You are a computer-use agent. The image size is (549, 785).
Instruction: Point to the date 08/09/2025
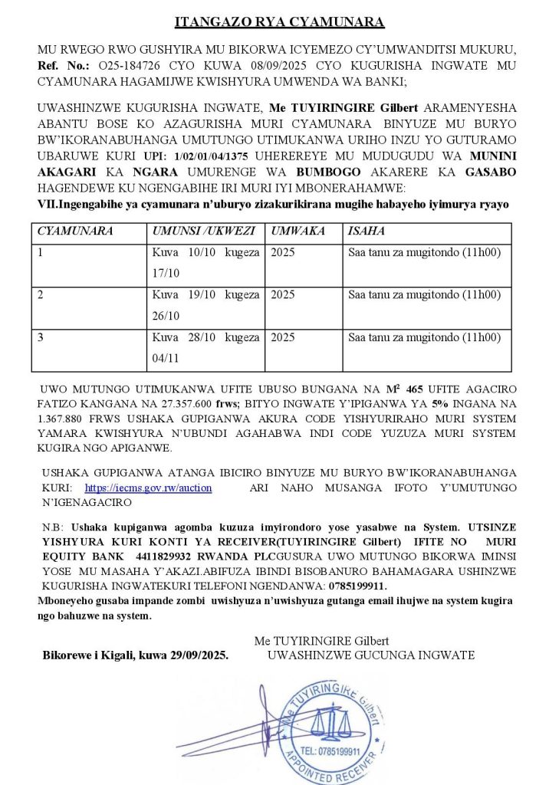tap(245, 66)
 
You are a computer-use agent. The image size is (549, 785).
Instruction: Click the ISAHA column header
tap(367, 231)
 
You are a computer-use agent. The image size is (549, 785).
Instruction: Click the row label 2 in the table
tap(41, 294)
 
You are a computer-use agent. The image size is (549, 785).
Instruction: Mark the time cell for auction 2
tap(424, 294)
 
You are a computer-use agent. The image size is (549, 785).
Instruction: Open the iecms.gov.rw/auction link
tap(148, 488)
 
